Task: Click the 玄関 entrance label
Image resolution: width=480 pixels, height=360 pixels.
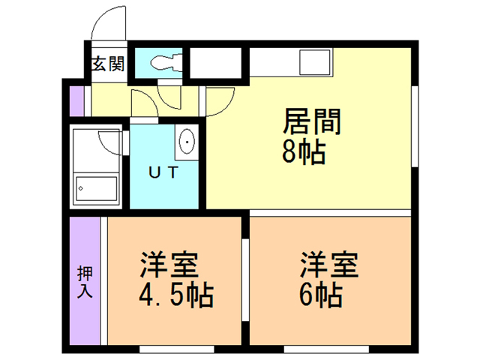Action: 109,64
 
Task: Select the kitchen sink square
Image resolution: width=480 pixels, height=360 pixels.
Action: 315,61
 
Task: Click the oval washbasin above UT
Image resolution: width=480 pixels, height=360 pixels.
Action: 187,142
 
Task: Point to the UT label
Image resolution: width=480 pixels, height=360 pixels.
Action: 163,172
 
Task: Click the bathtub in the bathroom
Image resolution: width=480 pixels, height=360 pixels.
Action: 96,188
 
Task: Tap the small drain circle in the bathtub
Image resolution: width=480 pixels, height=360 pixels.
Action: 81,188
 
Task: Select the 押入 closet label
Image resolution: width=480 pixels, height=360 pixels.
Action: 85,282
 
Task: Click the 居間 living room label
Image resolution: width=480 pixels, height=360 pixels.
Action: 312,121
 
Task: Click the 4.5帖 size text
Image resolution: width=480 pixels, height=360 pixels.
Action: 176,295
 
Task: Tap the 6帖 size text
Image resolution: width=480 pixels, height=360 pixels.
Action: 320,295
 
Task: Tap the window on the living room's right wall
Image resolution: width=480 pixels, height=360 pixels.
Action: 415,126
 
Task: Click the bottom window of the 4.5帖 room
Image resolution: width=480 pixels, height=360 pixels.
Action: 177,349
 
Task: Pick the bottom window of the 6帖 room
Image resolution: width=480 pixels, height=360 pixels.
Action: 326,349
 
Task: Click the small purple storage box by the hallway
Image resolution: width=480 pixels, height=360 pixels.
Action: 76,101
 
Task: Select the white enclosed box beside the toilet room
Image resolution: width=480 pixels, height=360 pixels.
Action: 215,63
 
